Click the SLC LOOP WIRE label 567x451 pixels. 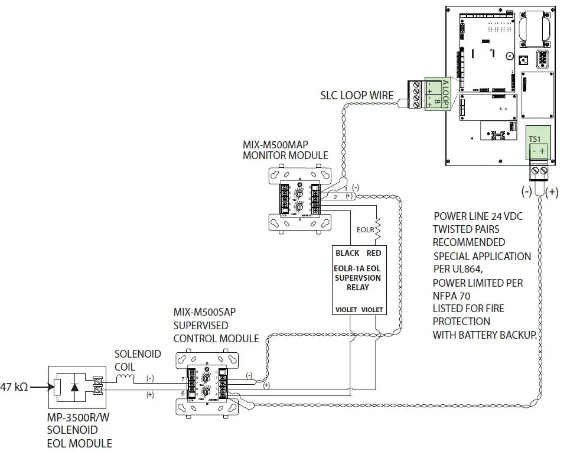pyautogui.click(x=357, y=95)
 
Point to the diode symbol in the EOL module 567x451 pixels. pyautogui.click(x=75, y=388)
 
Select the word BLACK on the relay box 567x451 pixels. pyautogui.click(x=347, y=253)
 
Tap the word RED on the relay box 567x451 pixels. pyautogui.click(x=374, y=253)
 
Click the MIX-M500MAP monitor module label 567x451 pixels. pyautogui.click(x=285, y=150)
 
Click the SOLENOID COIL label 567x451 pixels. pyautogui.click(x=137, y=360)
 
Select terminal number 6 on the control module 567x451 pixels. pyautogui.click(x=183, y=392)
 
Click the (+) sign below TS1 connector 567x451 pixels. pyautogui.click(x=553, y=192)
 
